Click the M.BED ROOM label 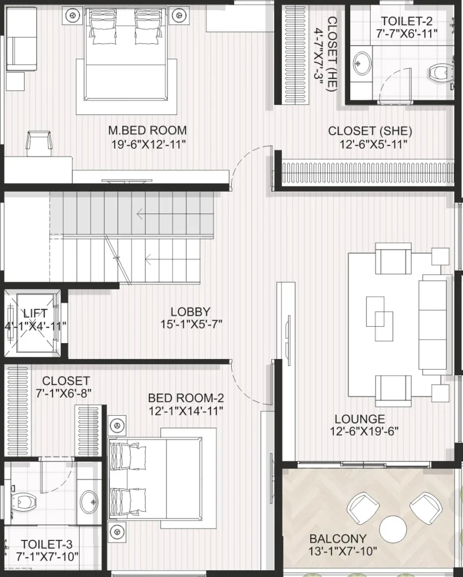147,130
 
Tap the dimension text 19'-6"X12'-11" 148,144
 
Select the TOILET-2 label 407,21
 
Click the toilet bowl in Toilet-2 440,73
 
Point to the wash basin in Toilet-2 362,63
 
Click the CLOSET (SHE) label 370,131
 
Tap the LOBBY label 191,312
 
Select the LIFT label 36,313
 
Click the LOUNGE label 360,419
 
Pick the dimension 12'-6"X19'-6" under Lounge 364,431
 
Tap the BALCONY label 338,539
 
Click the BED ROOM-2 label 186,398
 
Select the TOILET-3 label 47,544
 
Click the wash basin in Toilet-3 89,501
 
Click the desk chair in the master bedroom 39,143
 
